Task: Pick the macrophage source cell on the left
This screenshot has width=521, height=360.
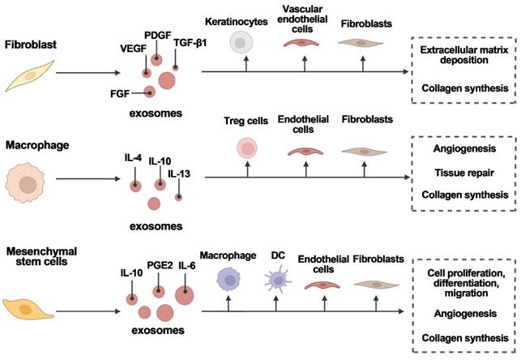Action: point(28,186)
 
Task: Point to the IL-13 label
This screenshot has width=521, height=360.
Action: point(178,173)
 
